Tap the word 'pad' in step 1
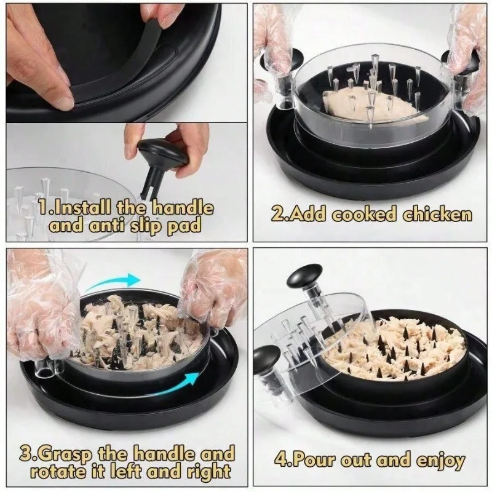point(184,226)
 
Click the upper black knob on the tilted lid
point(304,276)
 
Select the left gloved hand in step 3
point(37,307)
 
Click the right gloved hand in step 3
point(212,289)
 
